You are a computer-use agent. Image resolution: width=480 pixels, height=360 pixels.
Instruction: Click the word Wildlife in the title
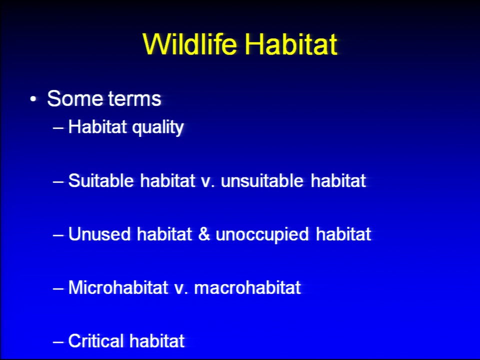(x=190, y=44)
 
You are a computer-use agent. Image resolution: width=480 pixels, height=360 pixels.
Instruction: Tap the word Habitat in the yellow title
(x=291, y=44)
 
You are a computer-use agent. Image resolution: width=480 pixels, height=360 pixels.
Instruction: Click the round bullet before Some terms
(x=33, y=99)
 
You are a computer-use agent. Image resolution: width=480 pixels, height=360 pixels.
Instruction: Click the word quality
(x=158, y=127)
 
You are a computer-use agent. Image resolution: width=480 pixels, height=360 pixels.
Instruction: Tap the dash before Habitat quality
(x=58, y=127)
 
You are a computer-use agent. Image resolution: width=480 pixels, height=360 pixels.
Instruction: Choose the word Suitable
(x=101, y=180)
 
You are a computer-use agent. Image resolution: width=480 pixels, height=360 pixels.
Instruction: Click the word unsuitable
(x=262, y=180)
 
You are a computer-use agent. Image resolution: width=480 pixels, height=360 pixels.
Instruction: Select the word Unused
(x=99, y=234)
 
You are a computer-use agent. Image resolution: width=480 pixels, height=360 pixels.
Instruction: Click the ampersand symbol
(x=204, y=234)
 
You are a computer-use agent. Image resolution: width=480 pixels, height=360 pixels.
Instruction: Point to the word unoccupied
(x=262, y=235)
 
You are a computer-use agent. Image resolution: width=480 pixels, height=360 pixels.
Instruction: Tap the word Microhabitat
(x=118, y=287)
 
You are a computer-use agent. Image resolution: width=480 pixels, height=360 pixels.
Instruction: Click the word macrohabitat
(x=247, y=287)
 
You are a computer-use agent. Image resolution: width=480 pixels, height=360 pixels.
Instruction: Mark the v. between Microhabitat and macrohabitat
(x=181, y=289)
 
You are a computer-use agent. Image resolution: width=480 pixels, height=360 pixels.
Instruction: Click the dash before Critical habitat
(x=58, y=341)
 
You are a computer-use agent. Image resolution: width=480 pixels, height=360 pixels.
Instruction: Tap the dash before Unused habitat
(x=58, y=235)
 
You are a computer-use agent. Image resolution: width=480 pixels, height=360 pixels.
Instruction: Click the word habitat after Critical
(x=157, y=340)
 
